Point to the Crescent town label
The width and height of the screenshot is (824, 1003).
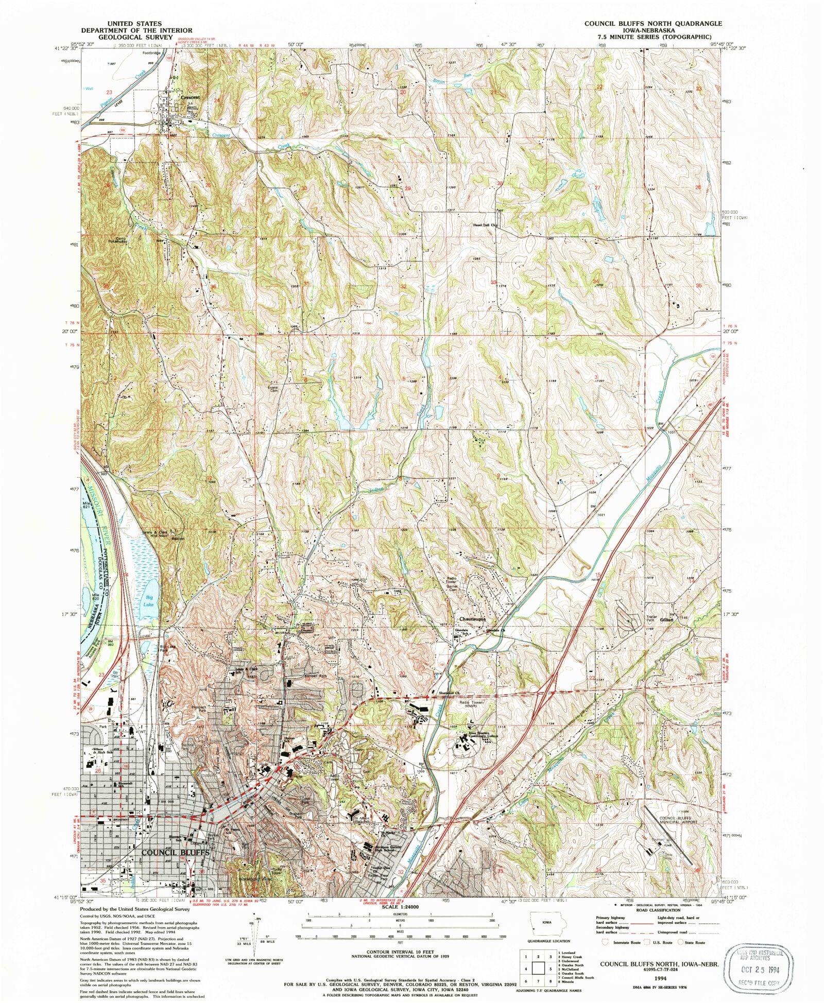(190, 97)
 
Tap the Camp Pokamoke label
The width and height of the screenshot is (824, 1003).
(117, 239)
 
